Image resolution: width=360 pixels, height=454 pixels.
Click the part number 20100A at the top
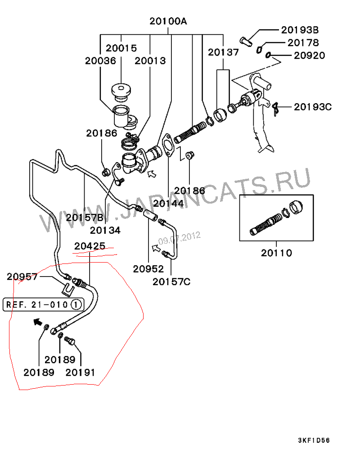tap(168, 21)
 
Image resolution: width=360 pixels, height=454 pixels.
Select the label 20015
tap(121, 48)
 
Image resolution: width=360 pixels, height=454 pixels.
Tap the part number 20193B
tap(300, 30)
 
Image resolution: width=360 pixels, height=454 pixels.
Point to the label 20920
tap(309, 56)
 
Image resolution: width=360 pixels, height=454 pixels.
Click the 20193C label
tap(312, 107)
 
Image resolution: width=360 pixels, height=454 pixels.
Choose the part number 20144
tap(168, 203)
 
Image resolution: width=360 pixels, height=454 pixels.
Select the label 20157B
tap(85, 218)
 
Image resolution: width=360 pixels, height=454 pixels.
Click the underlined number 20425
tap(90, 246)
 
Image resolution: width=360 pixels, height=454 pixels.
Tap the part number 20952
tap(148, 269)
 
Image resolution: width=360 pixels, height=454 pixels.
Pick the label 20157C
tap(171, 282)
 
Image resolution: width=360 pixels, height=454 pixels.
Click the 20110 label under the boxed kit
tap(276, 253)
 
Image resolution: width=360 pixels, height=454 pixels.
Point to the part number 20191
tap(81, 372)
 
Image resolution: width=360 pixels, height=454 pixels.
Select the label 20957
tap(22, 277)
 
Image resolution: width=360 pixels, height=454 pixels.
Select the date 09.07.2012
tap(179, 237)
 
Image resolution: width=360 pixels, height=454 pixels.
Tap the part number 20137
tap(224, 52)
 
